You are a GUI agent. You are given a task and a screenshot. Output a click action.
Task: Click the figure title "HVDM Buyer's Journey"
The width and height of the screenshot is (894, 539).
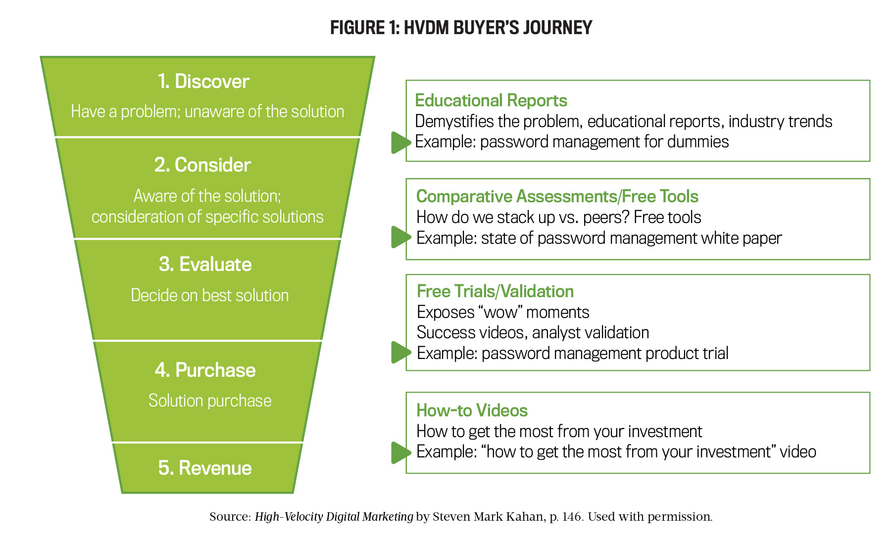pos(498,28)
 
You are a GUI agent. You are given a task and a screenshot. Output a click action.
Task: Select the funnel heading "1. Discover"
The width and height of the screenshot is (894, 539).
pos(203,82)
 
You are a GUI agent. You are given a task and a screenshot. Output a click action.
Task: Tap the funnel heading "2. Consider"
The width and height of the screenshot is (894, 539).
pos(202,165)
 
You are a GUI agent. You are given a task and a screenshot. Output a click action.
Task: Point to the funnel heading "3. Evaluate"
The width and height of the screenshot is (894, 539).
pos(205,265)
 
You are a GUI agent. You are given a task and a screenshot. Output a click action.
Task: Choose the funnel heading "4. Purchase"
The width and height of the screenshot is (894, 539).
pos(205,370)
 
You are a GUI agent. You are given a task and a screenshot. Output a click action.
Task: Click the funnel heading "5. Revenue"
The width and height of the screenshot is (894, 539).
pos(205,468)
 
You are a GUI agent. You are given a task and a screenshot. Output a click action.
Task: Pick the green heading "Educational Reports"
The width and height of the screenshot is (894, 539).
pos(491,100)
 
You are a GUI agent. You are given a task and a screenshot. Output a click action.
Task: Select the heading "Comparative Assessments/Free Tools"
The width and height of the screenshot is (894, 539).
pos(557,196)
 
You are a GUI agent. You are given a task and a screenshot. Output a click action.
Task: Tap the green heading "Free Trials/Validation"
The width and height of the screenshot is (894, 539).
pos(496,291)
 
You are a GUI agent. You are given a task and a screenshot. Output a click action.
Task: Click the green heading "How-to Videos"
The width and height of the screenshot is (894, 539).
pos(472,410)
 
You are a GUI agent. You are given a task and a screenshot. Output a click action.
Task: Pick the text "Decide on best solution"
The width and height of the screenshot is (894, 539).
pos(210,296)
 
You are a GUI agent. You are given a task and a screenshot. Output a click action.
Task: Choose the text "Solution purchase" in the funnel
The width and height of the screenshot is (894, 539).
pos(210,401)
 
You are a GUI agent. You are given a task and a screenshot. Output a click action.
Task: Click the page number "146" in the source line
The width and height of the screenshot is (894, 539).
pos(572,517)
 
